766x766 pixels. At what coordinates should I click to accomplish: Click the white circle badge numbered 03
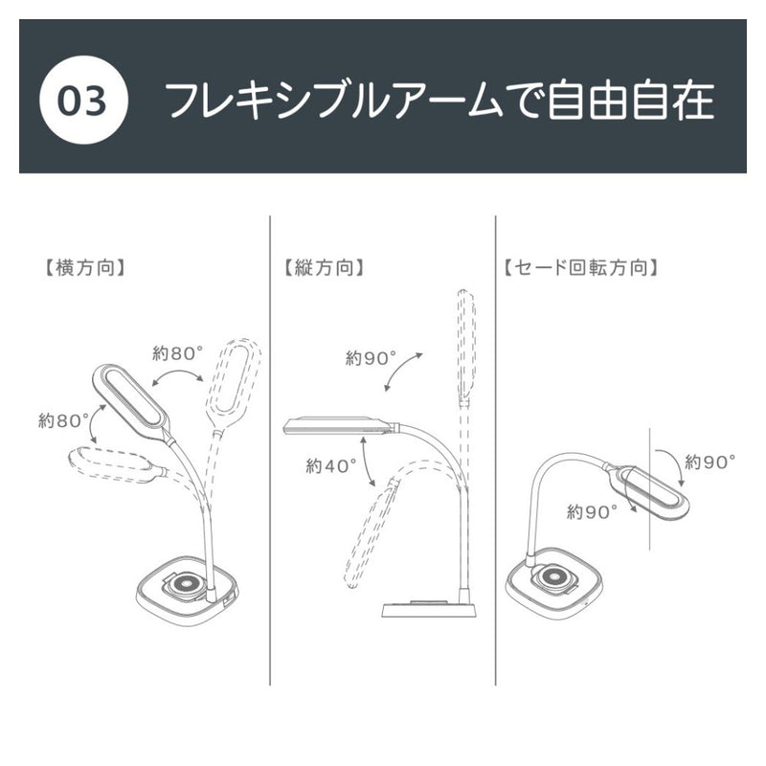83,100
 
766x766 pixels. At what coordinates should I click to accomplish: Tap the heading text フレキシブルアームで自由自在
440,101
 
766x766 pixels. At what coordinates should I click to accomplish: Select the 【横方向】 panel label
85,268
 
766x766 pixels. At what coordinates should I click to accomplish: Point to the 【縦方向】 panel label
324,268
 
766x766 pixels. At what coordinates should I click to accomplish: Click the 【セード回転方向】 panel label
580,268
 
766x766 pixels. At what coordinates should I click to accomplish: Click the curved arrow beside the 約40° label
367,462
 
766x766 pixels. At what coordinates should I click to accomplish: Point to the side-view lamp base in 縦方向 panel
428,608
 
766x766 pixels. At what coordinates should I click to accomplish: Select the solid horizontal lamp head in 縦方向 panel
341,425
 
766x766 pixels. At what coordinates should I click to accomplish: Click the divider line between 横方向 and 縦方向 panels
270,450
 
